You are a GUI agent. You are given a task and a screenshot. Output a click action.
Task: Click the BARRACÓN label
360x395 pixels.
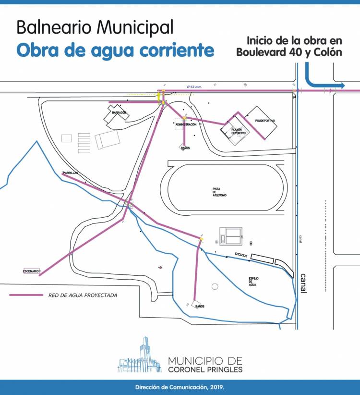pyautogui.click(x=119, y=112)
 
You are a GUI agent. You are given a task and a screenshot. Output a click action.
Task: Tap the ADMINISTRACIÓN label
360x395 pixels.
pyautogui.click(x=186, y=124)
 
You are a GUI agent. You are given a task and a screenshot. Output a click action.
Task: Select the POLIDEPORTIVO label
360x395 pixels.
pyautogui.click(x=265, y=121)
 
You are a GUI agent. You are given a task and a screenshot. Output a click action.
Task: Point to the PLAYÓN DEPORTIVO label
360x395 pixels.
pyautogui.click(x=239, y=131)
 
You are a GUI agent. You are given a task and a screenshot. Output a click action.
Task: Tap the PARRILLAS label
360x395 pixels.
pyautogui.click(x=70, y=173)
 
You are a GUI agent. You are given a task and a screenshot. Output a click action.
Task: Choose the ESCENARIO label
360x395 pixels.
pyautogui.click(x=31, y=272)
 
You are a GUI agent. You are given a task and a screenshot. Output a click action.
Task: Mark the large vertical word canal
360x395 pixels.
pyautogui.click(x=303, y=283)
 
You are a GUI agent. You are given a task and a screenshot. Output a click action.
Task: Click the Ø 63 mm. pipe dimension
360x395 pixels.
pyautogui.click(x=195, y=87)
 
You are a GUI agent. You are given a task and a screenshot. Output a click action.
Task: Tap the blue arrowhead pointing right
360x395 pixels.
pyautogui.click(x=341, y=86)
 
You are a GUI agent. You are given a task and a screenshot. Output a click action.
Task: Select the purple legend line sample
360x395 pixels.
pyautogui.click(x=26, y=295)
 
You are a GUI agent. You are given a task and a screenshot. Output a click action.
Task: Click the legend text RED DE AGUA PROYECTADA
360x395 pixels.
pyautogui.click(x=83, y=295)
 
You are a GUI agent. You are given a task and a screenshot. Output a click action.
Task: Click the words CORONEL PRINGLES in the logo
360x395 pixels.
pyautogui.click(x=205, y=370)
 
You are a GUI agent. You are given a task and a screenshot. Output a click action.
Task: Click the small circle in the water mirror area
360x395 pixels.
pyautogui.click(x=215, y=286)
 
